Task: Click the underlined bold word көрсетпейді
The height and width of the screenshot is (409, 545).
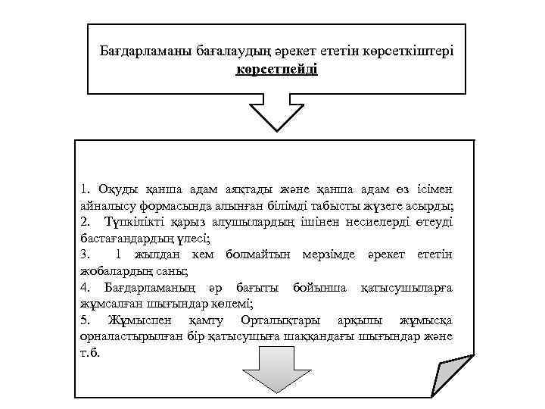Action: click(276, 70)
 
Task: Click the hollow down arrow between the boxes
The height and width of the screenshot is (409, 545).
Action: click(277, 114)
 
